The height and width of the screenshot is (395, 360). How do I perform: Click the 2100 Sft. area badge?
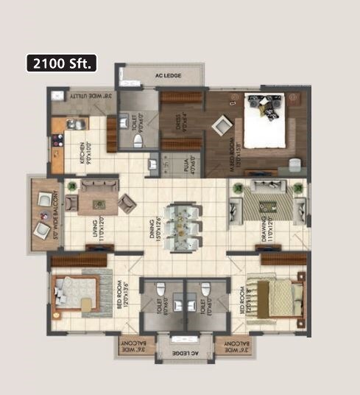click(x=62, y=63)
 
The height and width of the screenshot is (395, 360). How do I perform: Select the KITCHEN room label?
click(x=88, y=153)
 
